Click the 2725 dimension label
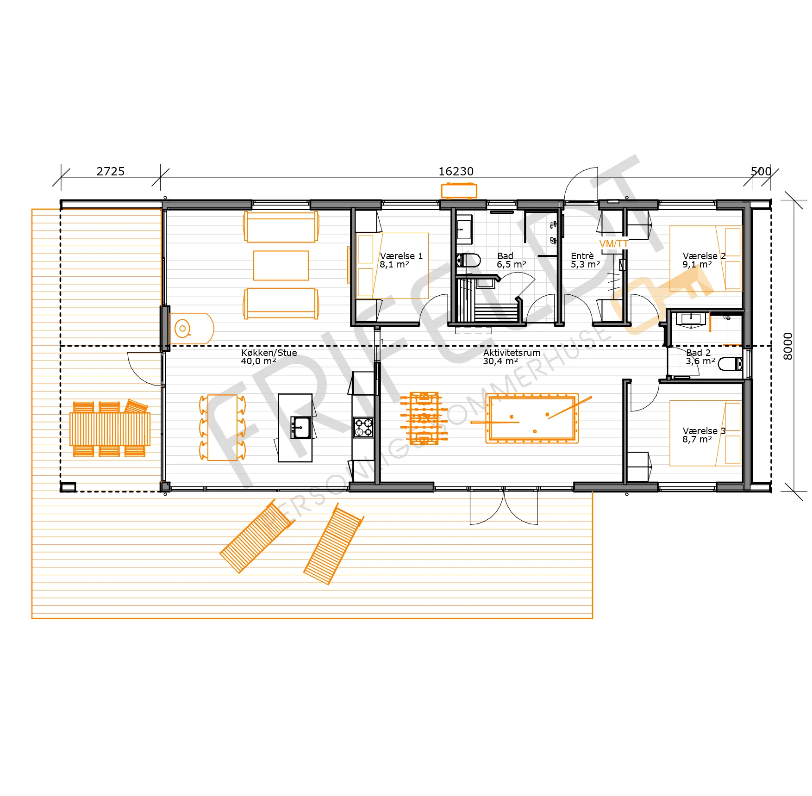[x=111, y=171]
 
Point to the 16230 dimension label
[x=456, y=171]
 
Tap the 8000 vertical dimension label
[x=787, y=346]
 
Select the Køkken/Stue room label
[x=269, y=353]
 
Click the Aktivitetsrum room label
[x=512, y=353]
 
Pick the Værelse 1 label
[x=401, y=256]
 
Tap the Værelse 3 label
[x=704, y=431]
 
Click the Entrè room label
[x=582, y=256]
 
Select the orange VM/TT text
[x=614, y=244]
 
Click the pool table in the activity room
[x=532, y=418]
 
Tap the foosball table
[x=424, y=418]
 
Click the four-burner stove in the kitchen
[x=363, y=427]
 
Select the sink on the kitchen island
[x=300, y=427]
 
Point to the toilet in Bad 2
[x=731, y=364]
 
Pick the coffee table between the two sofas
[x=281, y=266]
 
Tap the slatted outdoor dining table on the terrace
[x=110, y=429]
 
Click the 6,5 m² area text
[x=512, y=265]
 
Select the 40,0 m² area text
[x=258, y=361]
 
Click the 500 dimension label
[x=761, y=171]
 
